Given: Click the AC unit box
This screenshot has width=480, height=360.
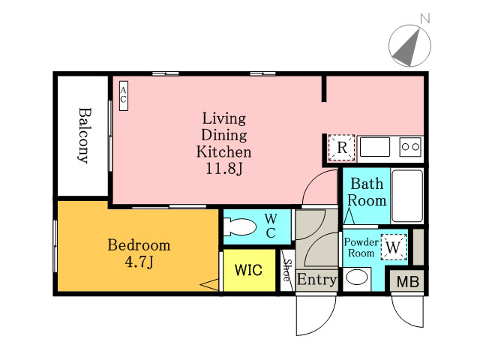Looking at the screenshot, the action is tap(124, 96).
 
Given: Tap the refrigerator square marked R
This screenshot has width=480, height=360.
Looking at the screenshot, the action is tap(342, 148).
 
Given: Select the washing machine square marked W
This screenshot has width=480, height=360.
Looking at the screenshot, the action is tap(394, 247).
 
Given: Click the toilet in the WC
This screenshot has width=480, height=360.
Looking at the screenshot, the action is tap(240, 226).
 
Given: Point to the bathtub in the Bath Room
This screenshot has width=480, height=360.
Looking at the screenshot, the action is tap(407, 196).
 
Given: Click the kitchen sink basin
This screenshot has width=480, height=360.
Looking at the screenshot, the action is tap(375, 147).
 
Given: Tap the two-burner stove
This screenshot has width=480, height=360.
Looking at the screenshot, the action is tap(410, 147).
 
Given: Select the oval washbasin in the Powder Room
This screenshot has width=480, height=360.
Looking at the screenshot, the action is tap(357, 277).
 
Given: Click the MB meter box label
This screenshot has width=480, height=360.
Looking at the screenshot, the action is tap(408, 282).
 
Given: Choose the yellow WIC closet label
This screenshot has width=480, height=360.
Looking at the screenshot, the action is tap(248, 270).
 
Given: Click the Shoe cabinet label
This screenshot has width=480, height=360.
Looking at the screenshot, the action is tap(287, 270).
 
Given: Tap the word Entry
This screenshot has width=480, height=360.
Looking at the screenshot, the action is tap(316, 280).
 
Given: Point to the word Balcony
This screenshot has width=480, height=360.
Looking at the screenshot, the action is tap(84, 135).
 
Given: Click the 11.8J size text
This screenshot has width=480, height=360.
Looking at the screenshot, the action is tap(224, 168).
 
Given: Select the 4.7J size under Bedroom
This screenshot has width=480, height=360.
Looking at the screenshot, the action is tap(139, 262).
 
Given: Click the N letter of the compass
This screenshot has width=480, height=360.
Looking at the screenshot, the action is tap(425, 18).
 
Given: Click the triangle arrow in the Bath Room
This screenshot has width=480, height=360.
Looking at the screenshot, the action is tap(349, 216).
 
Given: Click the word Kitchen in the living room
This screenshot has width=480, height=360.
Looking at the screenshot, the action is tap(224, 151).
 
